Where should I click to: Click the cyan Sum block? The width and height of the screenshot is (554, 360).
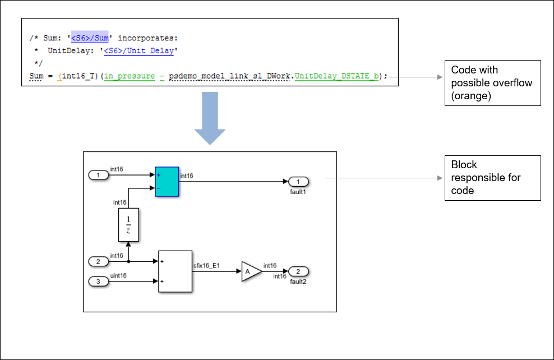[167, 182]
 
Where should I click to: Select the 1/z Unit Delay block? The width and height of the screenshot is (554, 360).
[128, 225]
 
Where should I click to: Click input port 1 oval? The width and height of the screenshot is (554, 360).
[99, 176]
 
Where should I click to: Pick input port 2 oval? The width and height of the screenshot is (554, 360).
[99, 261]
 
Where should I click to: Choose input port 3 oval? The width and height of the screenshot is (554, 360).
[99, 281]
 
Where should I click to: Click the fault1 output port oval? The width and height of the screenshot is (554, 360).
[298, 182]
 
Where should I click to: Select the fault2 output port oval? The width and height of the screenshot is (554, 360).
[298, 271]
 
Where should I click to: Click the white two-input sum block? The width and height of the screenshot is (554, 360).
[175, 271]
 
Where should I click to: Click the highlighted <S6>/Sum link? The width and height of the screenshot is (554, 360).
[90, 38]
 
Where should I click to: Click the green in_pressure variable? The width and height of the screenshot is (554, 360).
[130, 75]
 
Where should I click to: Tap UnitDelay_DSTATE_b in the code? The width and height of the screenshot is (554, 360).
[336, 75]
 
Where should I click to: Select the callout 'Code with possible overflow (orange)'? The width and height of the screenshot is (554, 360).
[492, 83]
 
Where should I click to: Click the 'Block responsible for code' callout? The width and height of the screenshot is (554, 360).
[492, 178]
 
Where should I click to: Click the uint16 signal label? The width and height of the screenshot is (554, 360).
[118, 275]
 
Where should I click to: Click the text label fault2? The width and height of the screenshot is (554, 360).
[298, 281]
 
